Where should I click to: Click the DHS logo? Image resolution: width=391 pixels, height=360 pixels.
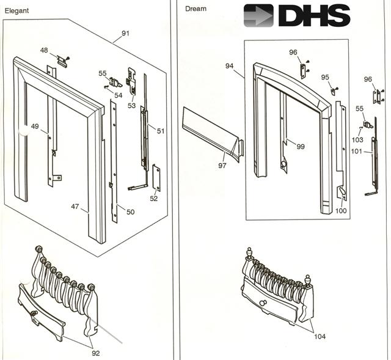click(296, 15)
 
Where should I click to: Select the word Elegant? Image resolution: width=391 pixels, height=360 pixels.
click(17, 10)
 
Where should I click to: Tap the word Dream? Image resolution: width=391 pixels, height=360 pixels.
click(195, 9)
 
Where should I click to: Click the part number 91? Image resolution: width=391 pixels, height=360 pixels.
click(125, 32)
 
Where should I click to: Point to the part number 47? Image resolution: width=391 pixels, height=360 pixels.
click(75, 207)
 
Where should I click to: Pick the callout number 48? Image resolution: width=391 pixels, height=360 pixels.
click(44, 50)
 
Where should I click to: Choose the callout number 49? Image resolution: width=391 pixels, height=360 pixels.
click(35, 127)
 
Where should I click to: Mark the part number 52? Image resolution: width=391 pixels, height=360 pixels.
click(153, 198)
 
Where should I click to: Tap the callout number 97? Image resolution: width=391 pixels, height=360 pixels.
click(222, 165)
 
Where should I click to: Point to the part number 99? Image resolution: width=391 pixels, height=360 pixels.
click(301, 146)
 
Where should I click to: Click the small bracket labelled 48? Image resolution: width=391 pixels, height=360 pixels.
click(61, 59)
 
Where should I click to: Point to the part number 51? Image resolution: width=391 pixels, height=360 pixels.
click(161, 131)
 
